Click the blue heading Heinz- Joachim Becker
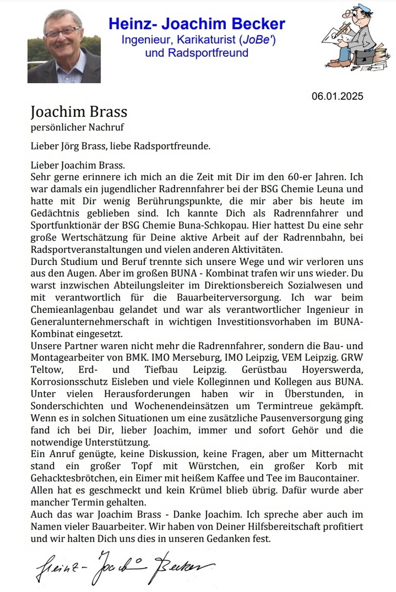click(197, 23)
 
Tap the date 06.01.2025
click(337, 96)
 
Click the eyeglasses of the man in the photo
click(63, 33)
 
